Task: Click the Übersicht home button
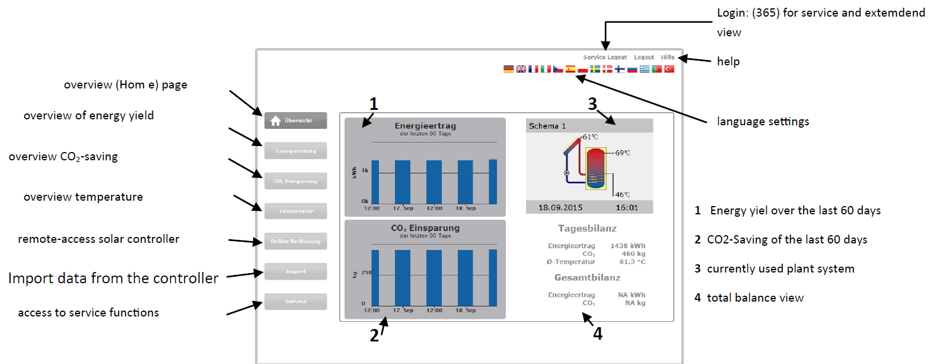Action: [x=295, y=121]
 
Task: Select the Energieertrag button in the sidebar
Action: [x=295, y=151]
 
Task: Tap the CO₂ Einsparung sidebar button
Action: [x=295, y=181]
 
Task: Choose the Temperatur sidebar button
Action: [x=295, y=211]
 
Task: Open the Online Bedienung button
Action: [x=295, y=241]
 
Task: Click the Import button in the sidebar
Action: [x=295, y=271]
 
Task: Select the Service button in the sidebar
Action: [x=295, y=302]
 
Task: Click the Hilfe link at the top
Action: [x=668, y=58]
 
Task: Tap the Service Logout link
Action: [x=604, y=58]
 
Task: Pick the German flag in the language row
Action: [x=508, y=69]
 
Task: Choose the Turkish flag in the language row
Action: [x=669, y=69]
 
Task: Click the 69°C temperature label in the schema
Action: [x=622, y=153]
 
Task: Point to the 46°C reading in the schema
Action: [x=622, y=195]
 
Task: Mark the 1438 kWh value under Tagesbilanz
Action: [x=627, y=246]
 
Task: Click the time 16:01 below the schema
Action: [x=627, y=208]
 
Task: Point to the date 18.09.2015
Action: [x=560, y=208]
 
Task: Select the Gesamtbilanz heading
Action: [x=587, y=278]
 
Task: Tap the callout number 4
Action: [x=598, y=334]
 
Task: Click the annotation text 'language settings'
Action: [x=763, y=122]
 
